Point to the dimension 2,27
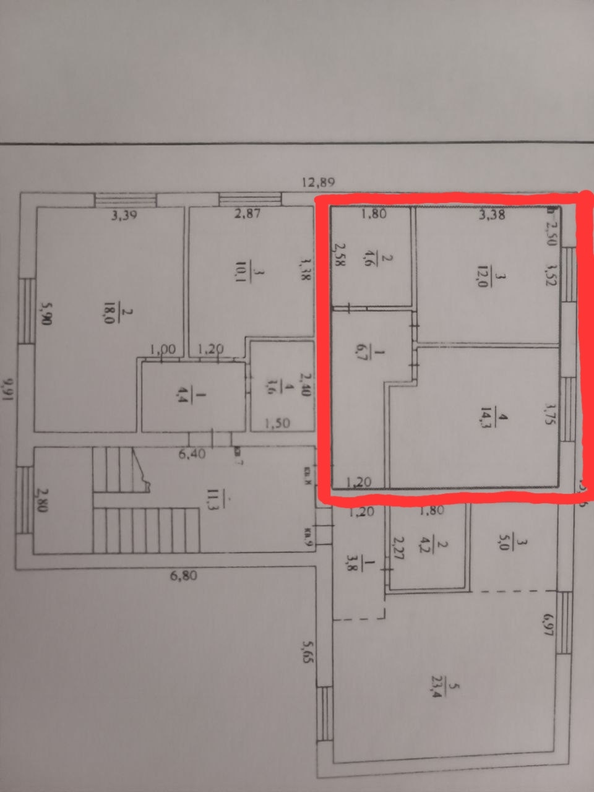[398, 548]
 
